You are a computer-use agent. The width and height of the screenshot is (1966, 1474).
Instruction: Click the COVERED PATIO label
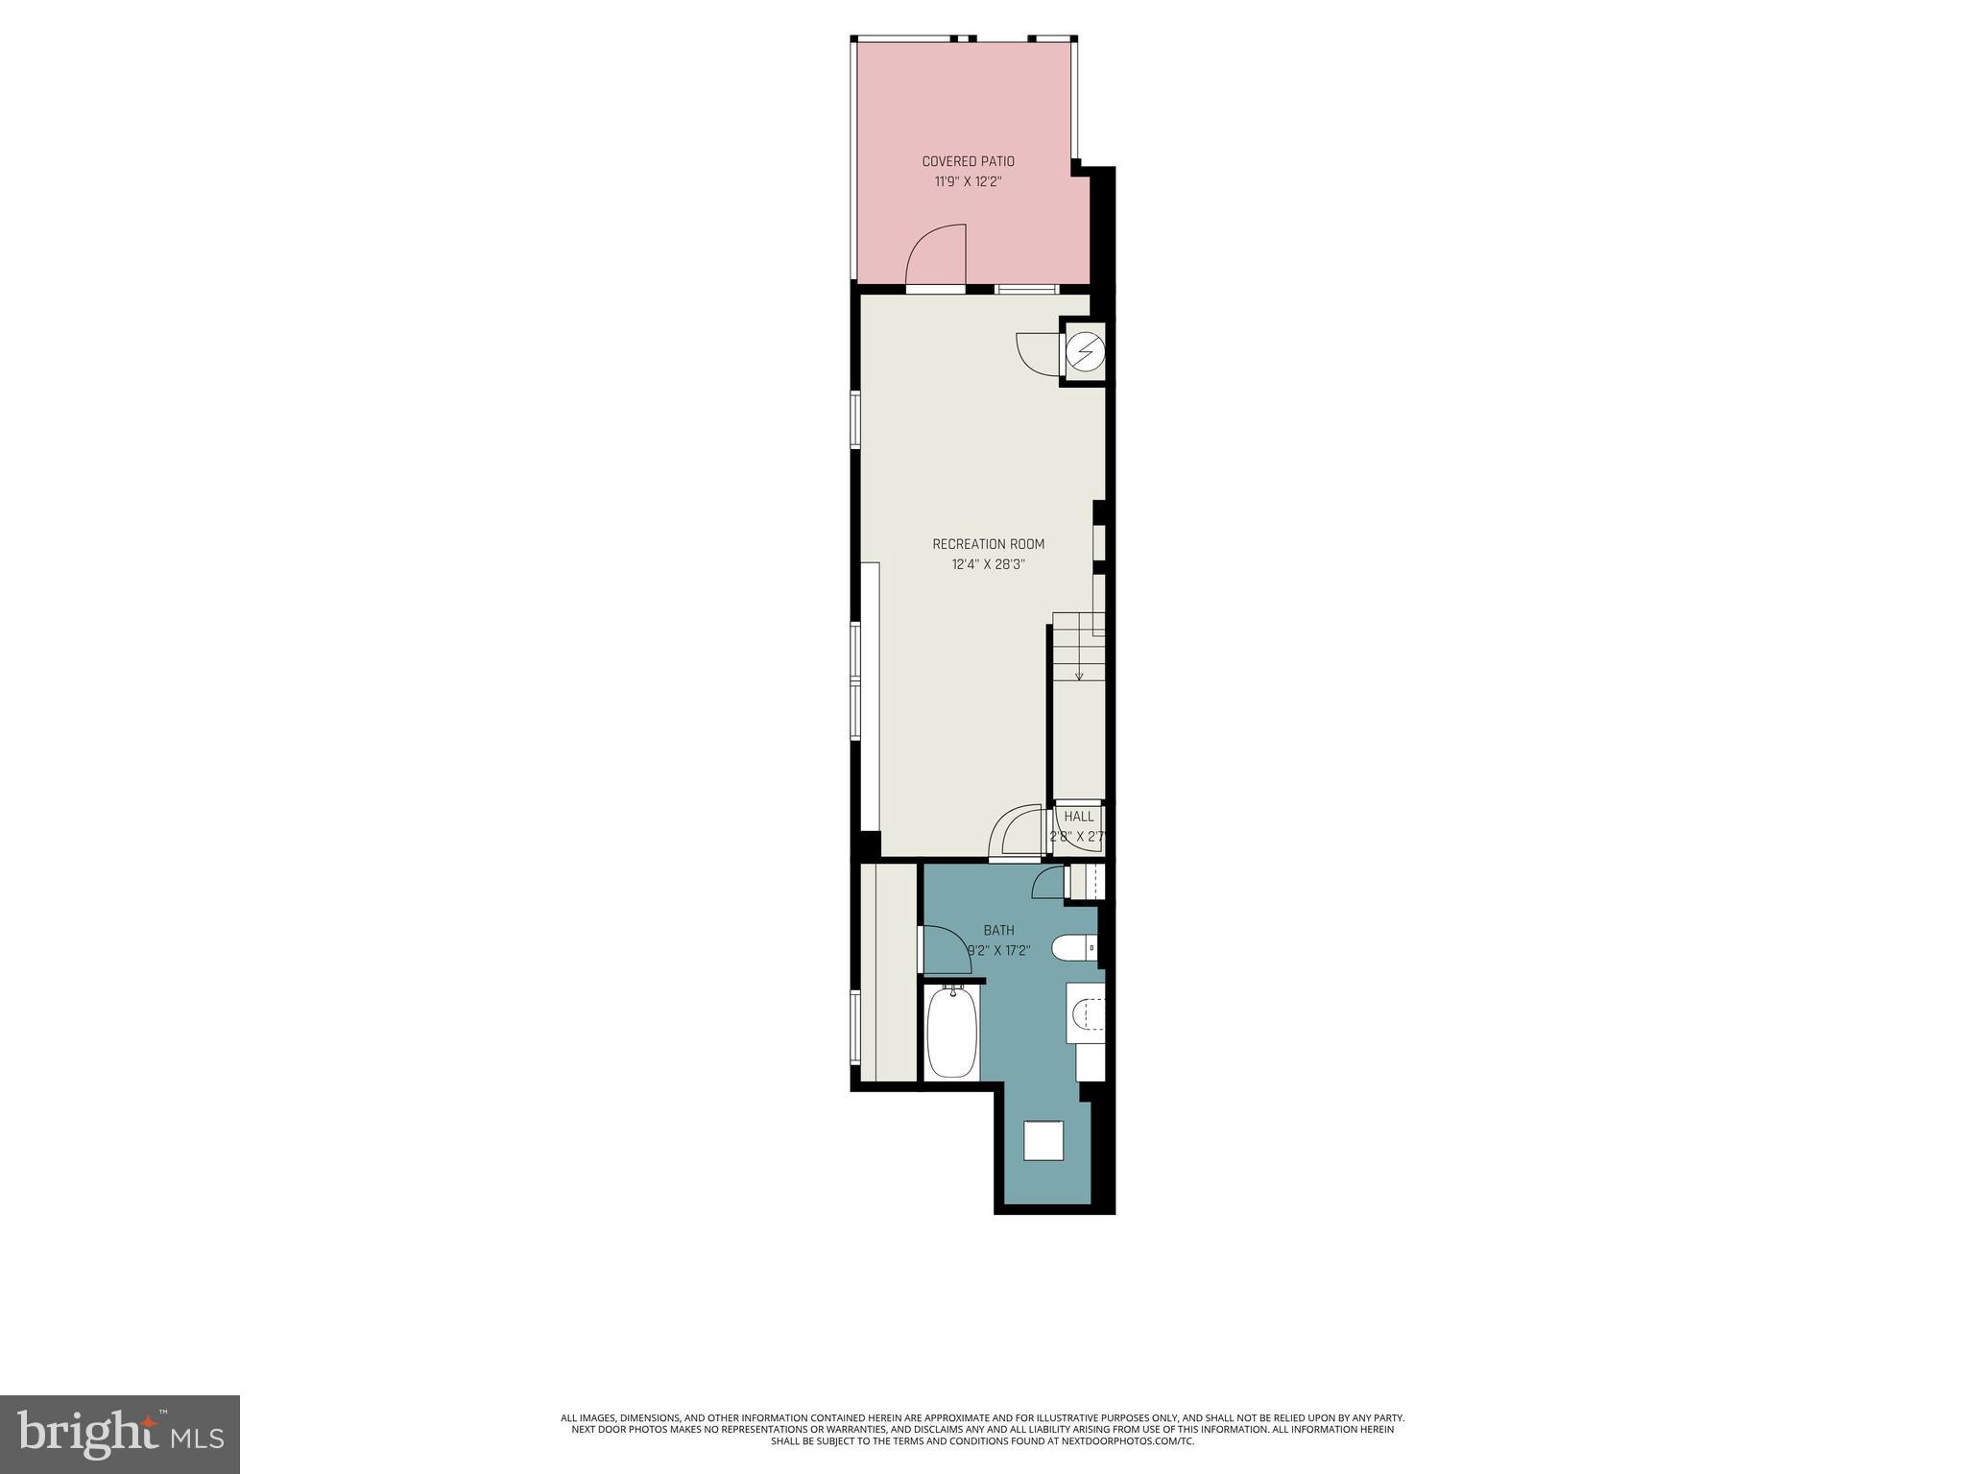(968, 161)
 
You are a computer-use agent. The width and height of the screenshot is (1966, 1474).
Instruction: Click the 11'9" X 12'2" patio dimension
(968, 181)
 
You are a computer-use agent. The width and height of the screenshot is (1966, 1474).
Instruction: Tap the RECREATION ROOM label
(988, 544)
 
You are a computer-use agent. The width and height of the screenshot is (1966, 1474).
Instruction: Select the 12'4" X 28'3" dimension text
(988, 565)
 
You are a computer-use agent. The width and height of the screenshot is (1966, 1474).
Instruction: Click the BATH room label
(998, 930)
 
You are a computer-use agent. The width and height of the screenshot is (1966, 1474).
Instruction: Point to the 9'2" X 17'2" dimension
(998, 951)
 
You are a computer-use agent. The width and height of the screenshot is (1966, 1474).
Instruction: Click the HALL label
(1079, 817)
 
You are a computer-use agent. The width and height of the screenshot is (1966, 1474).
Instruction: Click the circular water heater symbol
(1085, 352)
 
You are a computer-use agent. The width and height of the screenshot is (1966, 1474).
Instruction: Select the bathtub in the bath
(951, 1033)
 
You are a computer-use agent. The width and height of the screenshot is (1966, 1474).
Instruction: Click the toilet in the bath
(1073, 949)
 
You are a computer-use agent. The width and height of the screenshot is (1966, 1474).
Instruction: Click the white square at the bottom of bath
(1043, 1140)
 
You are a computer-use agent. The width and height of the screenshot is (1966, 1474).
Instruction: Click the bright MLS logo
(119, 1434)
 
